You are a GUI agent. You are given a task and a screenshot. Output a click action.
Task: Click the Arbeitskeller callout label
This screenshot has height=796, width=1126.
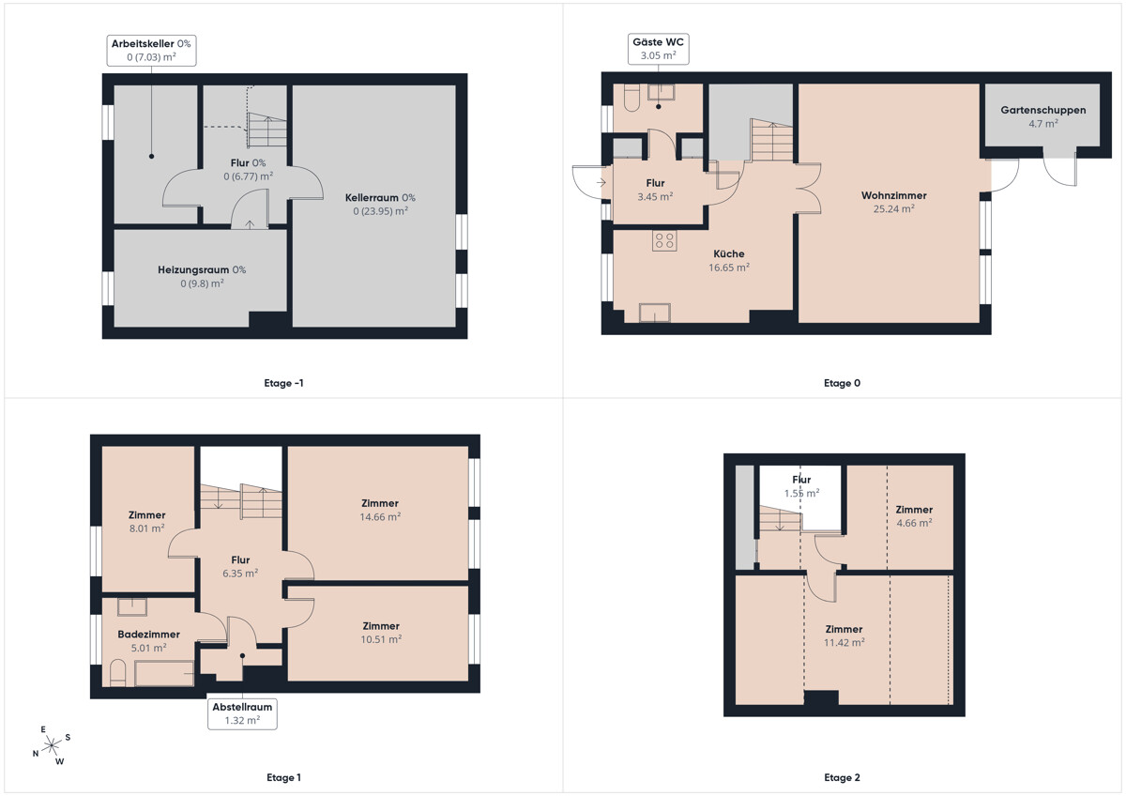tap(151, 51)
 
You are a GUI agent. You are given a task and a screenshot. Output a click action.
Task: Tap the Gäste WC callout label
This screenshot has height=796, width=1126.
tap(658, 49)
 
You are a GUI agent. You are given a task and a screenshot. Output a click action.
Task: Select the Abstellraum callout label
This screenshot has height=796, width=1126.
tap(242, 713)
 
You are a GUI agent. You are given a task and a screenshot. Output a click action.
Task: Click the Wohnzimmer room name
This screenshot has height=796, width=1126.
tap(893, 195)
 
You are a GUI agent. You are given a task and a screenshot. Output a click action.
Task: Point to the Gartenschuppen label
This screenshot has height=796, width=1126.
tap(1043, 110)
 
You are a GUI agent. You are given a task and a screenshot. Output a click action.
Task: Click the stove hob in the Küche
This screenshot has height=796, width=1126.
tap(664, 240)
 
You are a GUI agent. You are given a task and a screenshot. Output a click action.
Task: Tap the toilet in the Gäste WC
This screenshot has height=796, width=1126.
tap(631, 97)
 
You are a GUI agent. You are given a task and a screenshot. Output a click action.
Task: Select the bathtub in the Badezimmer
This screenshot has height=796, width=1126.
tap(164, 674)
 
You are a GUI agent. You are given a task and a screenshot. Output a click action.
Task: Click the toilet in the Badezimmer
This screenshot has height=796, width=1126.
tap(117, 673)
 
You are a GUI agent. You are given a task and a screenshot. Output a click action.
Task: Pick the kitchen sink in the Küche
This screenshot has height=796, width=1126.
tap(655, 313)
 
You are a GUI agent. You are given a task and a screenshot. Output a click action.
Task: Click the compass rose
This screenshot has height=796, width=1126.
tap(52, 745)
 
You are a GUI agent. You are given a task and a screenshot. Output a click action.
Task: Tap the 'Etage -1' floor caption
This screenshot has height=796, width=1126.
tap(283, 383)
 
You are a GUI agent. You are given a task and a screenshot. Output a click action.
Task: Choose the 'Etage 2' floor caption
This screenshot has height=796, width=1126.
tap(842, 777)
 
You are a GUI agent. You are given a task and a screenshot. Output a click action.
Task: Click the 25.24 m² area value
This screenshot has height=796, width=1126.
tap(893, 208)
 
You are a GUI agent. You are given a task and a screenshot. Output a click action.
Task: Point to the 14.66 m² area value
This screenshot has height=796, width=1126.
tap(380, 516)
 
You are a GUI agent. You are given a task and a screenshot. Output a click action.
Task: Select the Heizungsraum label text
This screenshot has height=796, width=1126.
tap(193, 270)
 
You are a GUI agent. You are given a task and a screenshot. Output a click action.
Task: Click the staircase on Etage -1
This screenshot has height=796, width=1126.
tap(266, 130)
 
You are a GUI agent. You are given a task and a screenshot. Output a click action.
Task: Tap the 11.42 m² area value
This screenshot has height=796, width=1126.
tap(844, 642)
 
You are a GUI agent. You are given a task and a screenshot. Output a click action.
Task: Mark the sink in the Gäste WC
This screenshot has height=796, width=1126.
tap(661, 92)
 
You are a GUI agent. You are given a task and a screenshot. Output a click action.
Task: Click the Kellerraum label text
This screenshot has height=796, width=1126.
tap(372, 198)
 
